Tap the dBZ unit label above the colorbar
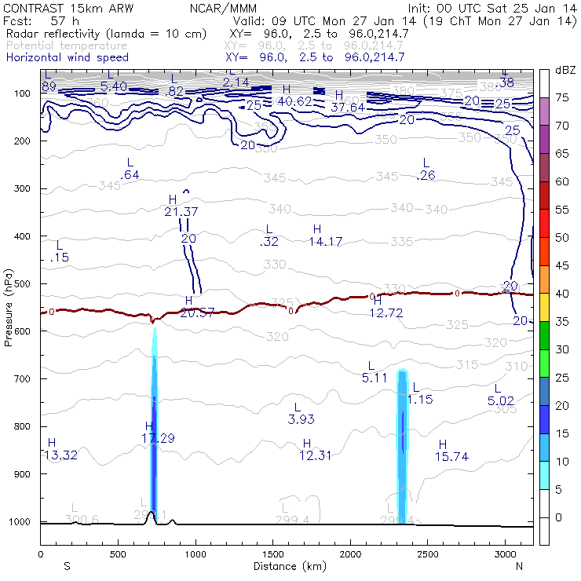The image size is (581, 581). coord(565,71)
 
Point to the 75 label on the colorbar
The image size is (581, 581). coord(562,97)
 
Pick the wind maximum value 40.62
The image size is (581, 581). coord(295,101)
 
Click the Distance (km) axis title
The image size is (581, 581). coord(286,566)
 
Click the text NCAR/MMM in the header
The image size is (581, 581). coord(221,7)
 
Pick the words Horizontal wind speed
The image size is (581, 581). coord(68,57)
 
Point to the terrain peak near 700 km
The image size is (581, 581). coord(151,513)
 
